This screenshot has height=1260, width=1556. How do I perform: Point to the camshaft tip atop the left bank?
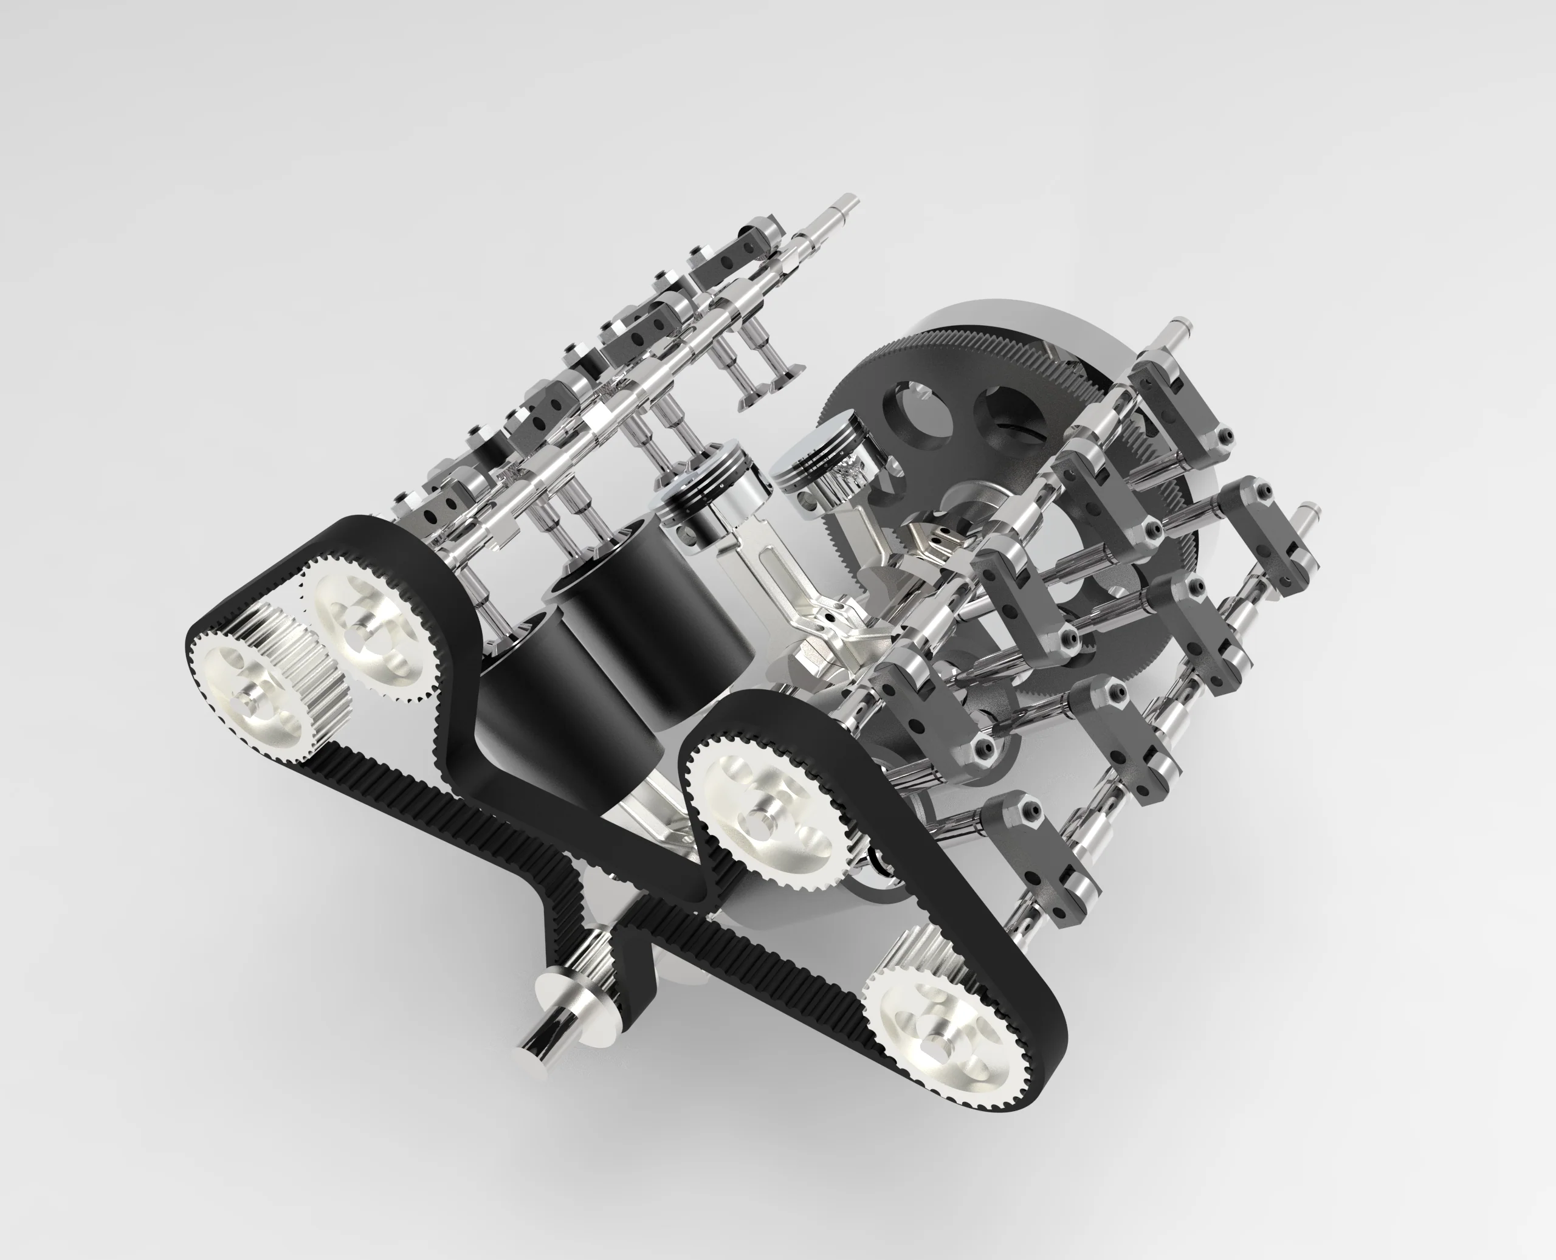[x=846, y=203]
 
